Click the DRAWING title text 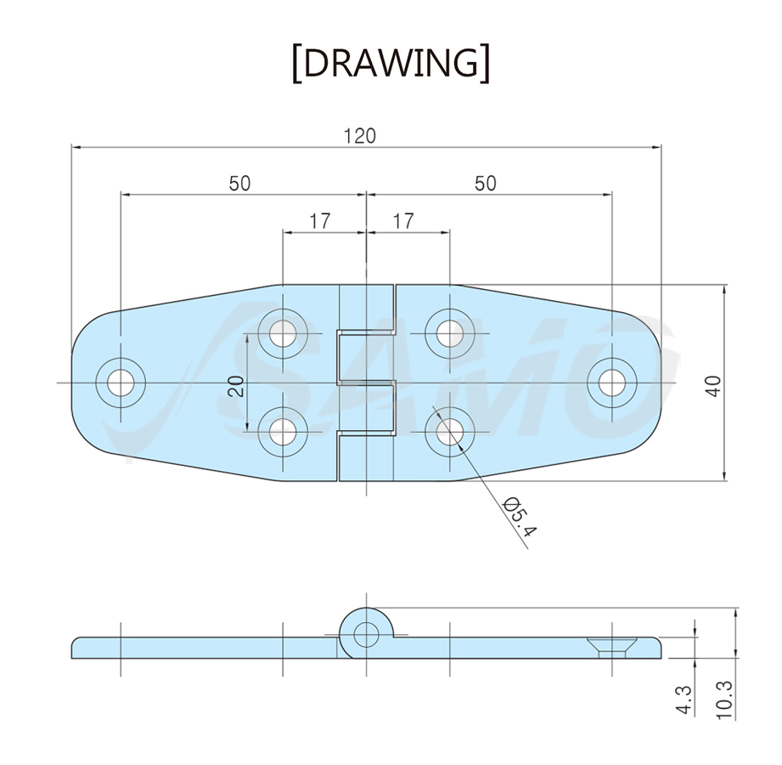tap(391, 64)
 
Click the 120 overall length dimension tap(359, 136)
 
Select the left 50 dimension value tap(239, 184)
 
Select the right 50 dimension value tap(486, 184)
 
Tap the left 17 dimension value tap(320, 221)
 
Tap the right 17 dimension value tap(403, 221)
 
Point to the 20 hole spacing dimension tap(237, 386)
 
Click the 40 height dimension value tap(714, 386)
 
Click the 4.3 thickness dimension tap(685, 700)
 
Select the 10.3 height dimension tap(726, 700)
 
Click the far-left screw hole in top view tap(121, 383)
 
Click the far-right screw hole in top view tap(612, 383)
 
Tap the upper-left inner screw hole tap(282, 333)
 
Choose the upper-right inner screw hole tap(449, 333)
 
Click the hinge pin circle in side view tap(366, 635)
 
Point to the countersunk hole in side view tap(611, 648)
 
